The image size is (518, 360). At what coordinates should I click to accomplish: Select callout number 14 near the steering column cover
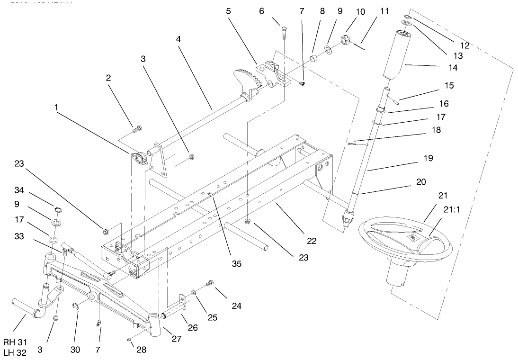pyautogui.click(x=453, y=67)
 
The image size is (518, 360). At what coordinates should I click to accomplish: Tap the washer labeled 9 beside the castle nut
pyautogui.click(x=327, y=49)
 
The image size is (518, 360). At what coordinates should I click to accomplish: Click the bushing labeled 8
pyautogui.click(x=313, y=59)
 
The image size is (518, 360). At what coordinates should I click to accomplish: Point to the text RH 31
pyautogui.click(x=14, y=342)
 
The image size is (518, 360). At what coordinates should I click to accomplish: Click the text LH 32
pyautogui.click(x=14, y=352)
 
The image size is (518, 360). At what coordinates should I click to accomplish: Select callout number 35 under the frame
pyautogui.click(x=236, y=263)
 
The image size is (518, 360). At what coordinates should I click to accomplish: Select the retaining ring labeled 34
pyautogui.click(x=58, y=210)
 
